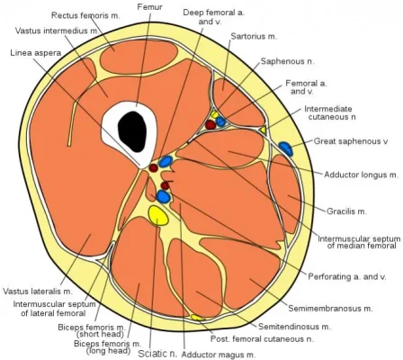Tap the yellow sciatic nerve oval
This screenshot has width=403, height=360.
[158, 214]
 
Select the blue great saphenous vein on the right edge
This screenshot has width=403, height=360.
[285, 147]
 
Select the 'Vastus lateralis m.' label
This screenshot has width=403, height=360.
[37, 292]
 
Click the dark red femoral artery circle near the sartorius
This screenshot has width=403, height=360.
[210, 124]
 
